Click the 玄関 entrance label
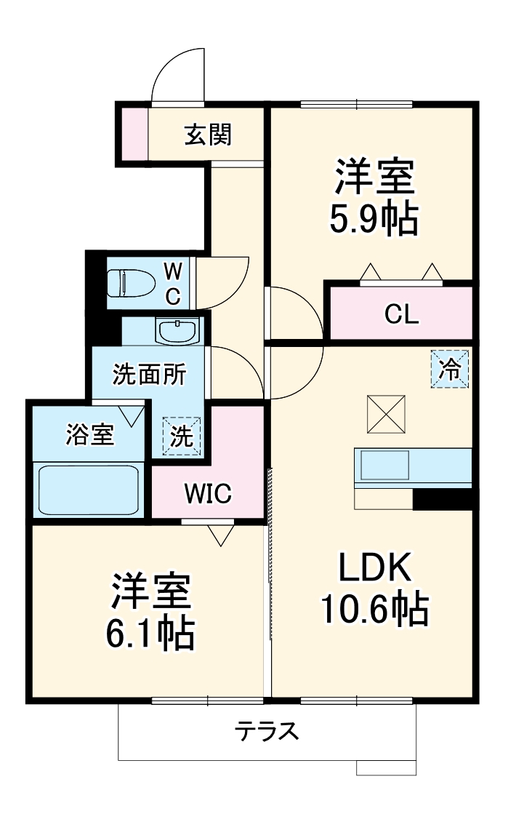208,135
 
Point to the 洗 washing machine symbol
182,436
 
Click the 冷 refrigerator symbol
450,370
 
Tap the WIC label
207,494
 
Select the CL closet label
402,314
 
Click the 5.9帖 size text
374,218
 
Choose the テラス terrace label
267,731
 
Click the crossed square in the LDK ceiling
387,413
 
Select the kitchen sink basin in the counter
385,466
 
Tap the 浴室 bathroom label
89,434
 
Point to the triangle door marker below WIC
219,535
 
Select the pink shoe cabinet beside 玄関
134,133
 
